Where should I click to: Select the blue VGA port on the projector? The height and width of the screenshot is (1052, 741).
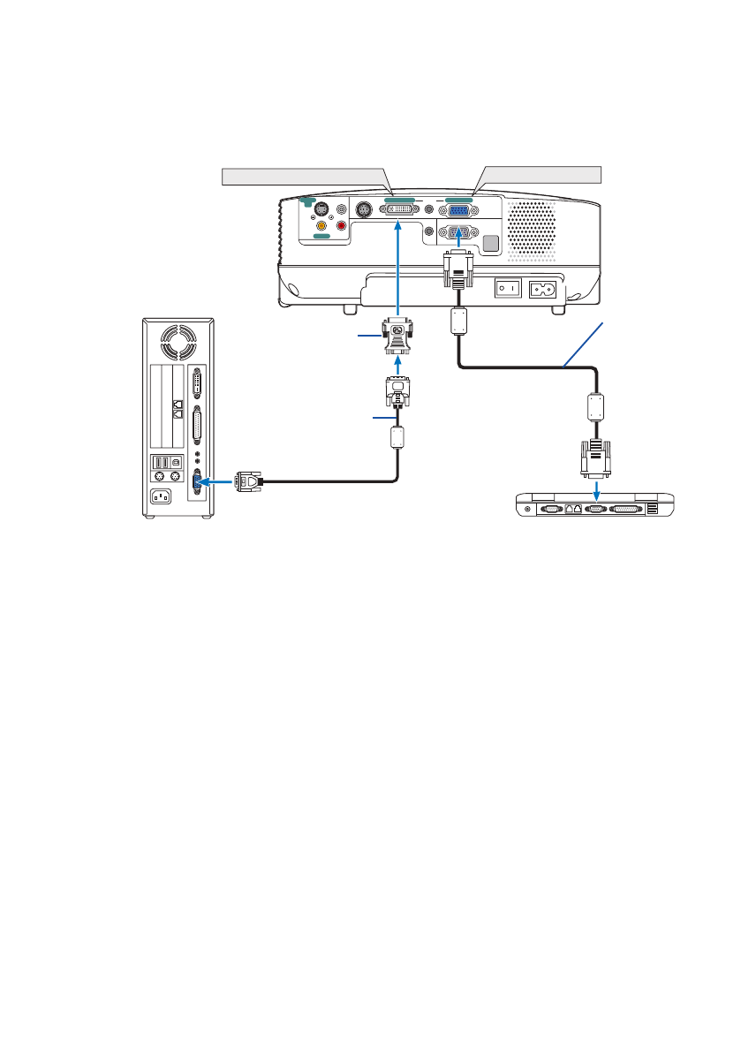coord(457,210)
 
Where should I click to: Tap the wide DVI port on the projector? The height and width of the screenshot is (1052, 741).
coord(400,210)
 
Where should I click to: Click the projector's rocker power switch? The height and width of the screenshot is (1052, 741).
coord(506,288)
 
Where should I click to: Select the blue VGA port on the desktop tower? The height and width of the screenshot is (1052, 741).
coord(196,481)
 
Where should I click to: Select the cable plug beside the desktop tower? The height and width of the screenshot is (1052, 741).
coord(250,481)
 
